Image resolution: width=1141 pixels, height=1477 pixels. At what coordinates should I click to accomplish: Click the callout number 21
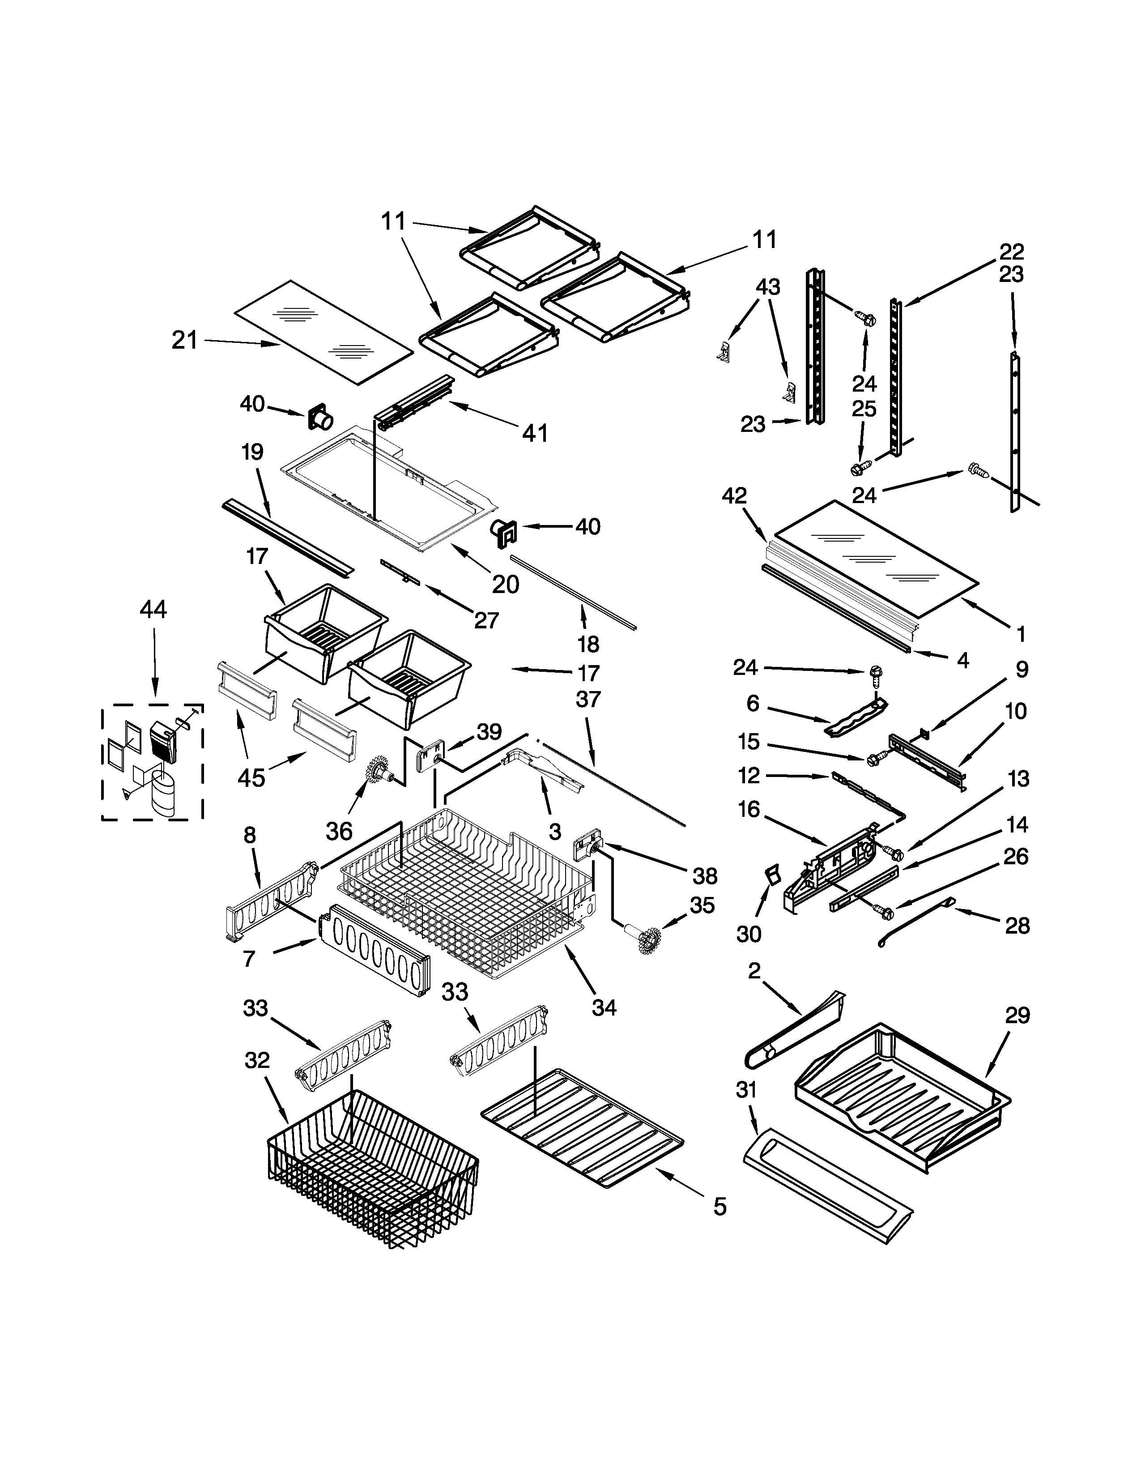(184, 340)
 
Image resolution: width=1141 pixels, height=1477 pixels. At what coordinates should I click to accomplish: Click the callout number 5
(720, 1206)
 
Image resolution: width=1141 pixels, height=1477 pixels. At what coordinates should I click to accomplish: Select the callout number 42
(734, 496)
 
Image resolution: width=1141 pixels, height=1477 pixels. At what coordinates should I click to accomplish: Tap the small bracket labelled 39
(430, 756)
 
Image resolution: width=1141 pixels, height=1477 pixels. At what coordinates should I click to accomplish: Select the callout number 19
(252, 452)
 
